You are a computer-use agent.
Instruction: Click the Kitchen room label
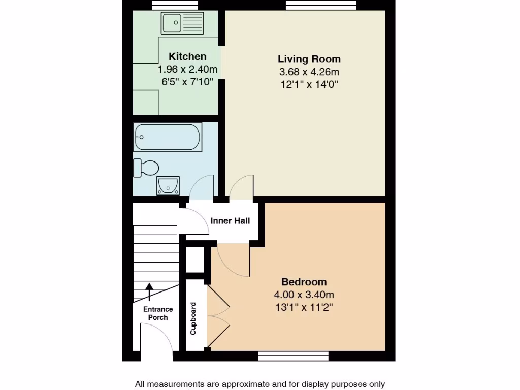pyautogui.click(x=187, y=56)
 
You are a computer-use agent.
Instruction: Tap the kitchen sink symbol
pyautogui.click(x=182, y=23)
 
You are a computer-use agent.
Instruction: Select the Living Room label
pyautogui.click(x=309, y=59)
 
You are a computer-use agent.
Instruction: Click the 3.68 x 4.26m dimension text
pyautogui.click(x=309, y=72)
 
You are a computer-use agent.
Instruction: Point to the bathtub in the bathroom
pyautogui.click(x=168, y=137)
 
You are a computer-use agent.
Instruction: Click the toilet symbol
pyautogui.click(x=146, y=168)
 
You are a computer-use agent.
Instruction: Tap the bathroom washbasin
pyautogui.click(x=168, y=185)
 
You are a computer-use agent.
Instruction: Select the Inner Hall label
pyautogui.click(x=230, y=221)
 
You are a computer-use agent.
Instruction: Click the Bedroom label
pyautogui.click(x=304, y=282)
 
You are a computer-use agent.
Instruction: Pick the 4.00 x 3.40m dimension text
pyautogui.click(x=304, y=295)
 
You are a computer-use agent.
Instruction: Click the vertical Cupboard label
pyautogui.click(x=193, y=319)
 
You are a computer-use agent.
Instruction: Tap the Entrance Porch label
pyautogui.click(x=157, y=313)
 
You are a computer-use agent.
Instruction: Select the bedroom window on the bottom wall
pyautogui.click(x=293, y=356)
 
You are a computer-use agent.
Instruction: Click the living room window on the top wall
pyautogui.click(x=321, y=5)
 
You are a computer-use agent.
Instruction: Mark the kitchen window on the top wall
pyautogui.click(x=175, y=5)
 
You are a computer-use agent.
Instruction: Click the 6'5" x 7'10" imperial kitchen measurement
pyautogui.click(x=187, y=82)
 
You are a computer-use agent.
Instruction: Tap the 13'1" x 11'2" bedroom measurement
pyautogui.click(x=304, y=307)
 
